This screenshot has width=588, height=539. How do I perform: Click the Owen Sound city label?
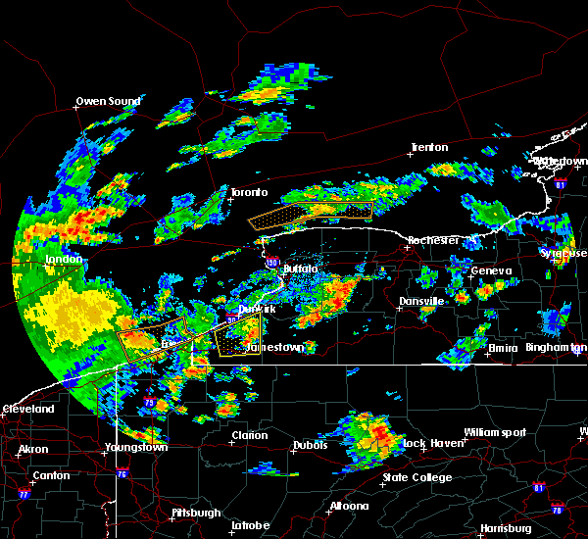(109, 101)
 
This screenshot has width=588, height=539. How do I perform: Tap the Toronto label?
(249, 193)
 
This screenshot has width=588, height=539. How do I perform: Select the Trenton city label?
(429, 148)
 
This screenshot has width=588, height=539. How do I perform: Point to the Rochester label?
(432, 240)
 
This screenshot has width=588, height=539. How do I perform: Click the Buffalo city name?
(301, 268)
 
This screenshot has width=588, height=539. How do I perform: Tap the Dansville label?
(421, 302)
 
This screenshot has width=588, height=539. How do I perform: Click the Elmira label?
(506, 347)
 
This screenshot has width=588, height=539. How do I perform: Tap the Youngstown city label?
(136, 448)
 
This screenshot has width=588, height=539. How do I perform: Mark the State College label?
(417, 478)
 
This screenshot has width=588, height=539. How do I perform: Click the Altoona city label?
(349, 507)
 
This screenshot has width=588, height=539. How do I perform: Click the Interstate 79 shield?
(150, 403)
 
